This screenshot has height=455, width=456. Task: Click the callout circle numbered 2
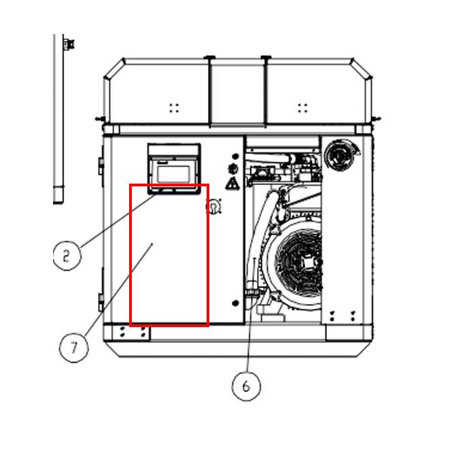pyautogui.click(x=67, y=256)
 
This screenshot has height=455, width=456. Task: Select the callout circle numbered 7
pyautogui.click(x=73, y=348)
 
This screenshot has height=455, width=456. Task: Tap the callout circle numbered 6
pyautogui.click(x=246, y=386)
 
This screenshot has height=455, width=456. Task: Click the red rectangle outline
pyautogui.click(x=169, y=255)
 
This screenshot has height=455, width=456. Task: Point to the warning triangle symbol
pyautogui.click(x=232, y=184)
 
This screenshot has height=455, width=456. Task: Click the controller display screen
pyautogui.click(x=173, y=174)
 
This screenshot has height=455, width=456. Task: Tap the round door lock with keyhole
pyautogui.click(x=214, y=206)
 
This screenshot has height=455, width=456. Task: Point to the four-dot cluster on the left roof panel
pyautogui.click(x=174, y=107)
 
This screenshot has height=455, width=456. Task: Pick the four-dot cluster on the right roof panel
pyautogui.click(x=302, y=107)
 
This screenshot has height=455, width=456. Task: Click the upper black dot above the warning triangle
pyautogui.click(x=235, y=156)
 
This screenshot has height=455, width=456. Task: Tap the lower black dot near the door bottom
pyautogui.click(x=235, y=303)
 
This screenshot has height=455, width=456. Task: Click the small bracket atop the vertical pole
pyautogui.click(x=69, y=44)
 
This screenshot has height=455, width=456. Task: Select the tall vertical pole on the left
pyautogui.click(x=58, y=118)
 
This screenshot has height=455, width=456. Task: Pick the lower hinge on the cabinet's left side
pyautogui.click(x=101, y=301)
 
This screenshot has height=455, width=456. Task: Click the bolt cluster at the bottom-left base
pyautogui.click(x=133, y=332)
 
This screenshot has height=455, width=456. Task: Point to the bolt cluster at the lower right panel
pyautogui.click(x=343, y=316)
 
